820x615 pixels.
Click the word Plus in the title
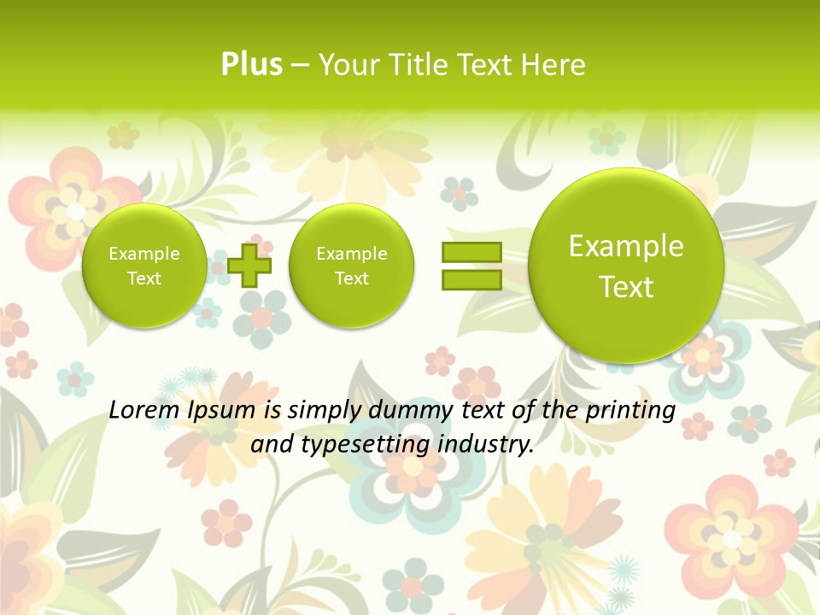pos(251,64)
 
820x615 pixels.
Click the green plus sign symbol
pos(249,265)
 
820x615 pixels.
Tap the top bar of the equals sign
pos(471,252)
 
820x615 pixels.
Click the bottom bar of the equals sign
pos(471,279)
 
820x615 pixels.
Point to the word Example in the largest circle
pos(626,246)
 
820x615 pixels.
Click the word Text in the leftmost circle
pos(143,278)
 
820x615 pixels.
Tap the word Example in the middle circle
pos(351,254)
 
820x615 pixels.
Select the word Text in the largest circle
pos(626,287)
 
